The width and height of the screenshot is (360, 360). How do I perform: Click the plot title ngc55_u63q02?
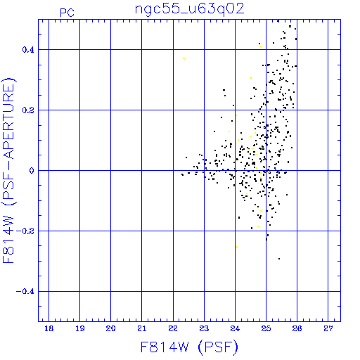click(190, 9)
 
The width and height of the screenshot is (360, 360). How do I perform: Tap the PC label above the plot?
click(67, 13)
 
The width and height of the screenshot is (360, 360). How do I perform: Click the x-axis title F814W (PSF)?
click(189, 347)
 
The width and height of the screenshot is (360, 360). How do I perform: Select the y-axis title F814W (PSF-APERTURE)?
click(8, 171)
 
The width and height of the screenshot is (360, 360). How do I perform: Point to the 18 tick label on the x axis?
click(49, 328)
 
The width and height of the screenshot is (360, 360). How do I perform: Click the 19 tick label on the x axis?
click(79, 328)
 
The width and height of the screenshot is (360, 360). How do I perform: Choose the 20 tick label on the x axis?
click(110, 328)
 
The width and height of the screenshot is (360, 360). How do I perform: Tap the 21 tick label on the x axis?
click(141, 328)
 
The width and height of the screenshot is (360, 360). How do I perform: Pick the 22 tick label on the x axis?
click(173, 328)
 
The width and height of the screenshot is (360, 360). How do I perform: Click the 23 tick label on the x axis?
click(204, 328)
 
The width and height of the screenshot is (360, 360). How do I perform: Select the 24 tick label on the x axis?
click(235, 328)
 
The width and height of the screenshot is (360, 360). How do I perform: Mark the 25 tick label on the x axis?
click(266, 328)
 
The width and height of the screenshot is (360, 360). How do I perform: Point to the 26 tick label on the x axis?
click(297, 328)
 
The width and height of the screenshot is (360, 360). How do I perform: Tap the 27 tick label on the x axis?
click(328, 328)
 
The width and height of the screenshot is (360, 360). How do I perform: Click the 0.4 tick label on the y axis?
click(28, 50)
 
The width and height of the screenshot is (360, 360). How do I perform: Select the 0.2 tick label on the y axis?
click(28, 110)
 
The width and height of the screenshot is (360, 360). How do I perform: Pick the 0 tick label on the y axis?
click(32, 171)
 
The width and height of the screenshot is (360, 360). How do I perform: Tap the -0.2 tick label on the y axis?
click(25, 231)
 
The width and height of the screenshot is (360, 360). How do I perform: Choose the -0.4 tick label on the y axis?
click(25, 292)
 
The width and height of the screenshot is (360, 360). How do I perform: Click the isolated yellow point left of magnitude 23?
click(184, 58)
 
